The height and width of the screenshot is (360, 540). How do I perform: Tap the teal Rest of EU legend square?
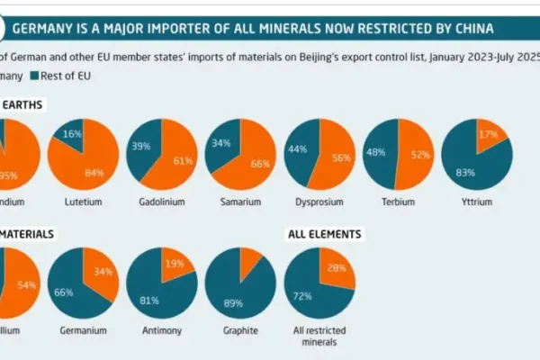point(37,76)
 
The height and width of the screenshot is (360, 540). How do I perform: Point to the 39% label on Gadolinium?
point(140,145)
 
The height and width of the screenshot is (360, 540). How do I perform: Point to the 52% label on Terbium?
point(415,155)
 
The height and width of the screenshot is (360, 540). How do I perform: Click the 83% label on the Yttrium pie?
point(467,171)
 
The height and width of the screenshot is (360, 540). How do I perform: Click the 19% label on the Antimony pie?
point(174,265)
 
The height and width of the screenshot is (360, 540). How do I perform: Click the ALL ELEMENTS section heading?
point(324,234)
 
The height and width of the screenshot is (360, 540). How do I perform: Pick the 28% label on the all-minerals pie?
point(335,268)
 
